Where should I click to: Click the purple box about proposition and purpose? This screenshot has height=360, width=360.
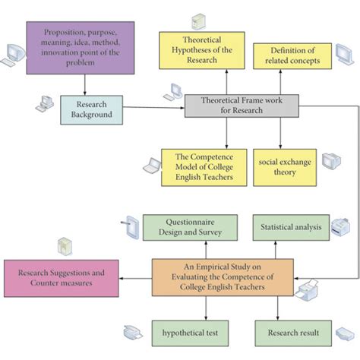click(x=80, y=47)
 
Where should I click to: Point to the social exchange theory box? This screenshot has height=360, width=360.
click(x=284, y=167)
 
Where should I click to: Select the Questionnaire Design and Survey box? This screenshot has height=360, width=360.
click(x=190, y=227)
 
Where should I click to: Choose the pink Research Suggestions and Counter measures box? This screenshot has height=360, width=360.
click(x=61, y=277)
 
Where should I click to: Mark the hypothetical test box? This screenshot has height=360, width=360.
click(x=189, y=333)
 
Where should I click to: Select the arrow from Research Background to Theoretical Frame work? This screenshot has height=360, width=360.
click(x=153, y=109)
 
